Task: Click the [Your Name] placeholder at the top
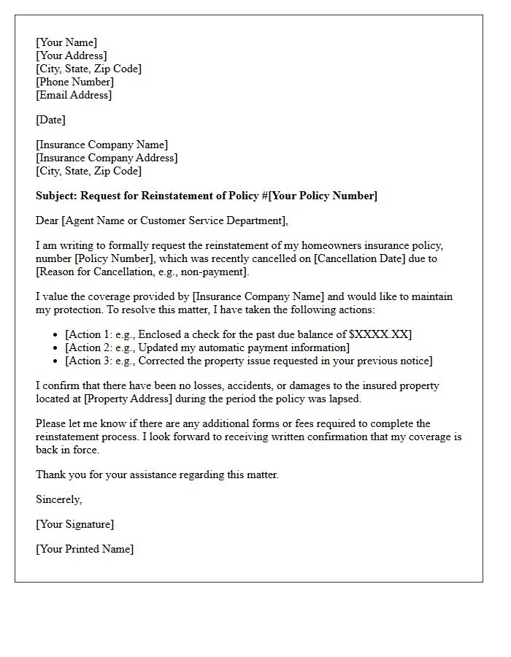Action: click(66, 42)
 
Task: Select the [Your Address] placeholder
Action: click(71, 55)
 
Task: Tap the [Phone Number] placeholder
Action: click(74, 82)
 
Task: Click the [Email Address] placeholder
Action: click(74, 95)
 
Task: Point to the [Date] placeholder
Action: click(50, 120)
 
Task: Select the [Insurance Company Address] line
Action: click(107, 158)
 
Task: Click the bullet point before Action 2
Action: click(56, 348)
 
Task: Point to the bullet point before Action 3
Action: click(56, 361)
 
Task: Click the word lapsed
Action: click(342, 399)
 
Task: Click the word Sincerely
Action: click(58, 499)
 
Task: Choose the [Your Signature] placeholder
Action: click(74, 524)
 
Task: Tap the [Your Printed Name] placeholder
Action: click(85, 549)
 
